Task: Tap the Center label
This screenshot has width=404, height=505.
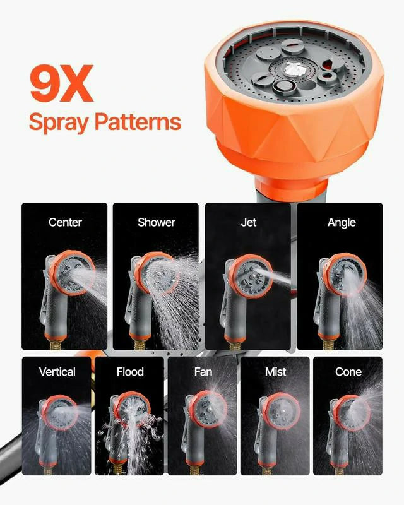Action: pos(65,222)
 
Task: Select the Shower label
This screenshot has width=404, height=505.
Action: pos(157,222)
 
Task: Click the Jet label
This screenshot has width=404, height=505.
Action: pos(249,222)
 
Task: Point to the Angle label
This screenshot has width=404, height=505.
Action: pos(342,222)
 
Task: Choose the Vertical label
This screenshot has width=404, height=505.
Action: pos(57,372)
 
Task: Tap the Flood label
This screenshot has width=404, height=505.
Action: pos(130,372)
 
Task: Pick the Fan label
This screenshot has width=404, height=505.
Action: pos(203,372)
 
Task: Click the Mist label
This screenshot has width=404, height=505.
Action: pos(275,372)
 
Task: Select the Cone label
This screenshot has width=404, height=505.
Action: pos(348,372)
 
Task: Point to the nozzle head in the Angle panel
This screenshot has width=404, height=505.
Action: pos(345,273)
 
